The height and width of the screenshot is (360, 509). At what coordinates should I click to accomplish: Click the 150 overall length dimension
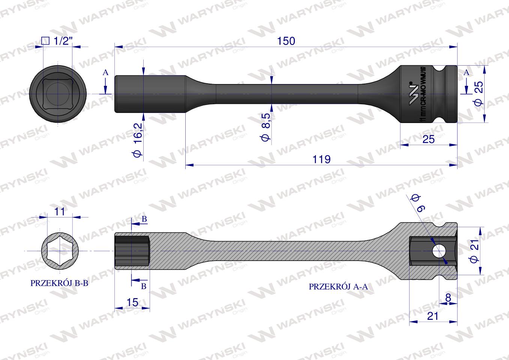coord(287,41)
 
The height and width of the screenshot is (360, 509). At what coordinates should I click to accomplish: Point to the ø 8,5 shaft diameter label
coord(266,127)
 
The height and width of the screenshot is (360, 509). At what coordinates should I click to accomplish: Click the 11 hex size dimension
coord(60,211)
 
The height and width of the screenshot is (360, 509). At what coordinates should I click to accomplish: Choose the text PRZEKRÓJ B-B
coord(59,283)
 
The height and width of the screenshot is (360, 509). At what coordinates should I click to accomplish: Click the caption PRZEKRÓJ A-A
coord(338,287)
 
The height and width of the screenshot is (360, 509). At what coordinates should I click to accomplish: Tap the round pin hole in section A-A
coord(438,251)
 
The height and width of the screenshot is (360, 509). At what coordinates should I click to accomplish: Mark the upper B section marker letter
coord(144,219)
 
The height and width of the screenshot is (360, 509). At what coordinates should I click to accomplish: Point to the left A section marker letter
coord(106,73)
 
